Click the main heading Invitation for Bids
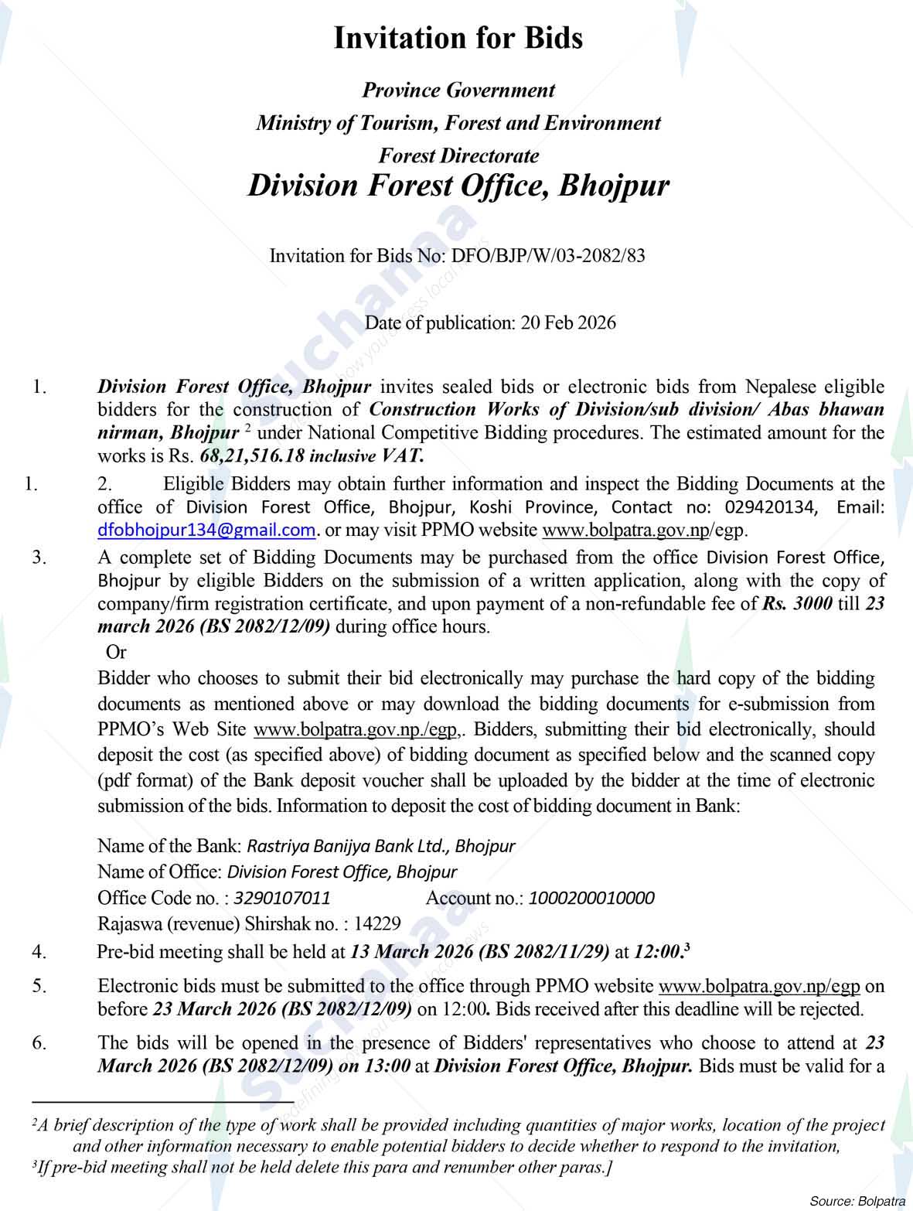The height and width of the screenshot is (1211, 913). tap(458, 38)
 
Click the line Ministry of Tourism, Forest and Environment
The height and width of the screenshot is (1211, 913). tap(458, 123)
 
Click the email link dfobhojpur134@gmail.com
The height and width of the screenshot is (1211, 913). tap(206, 530)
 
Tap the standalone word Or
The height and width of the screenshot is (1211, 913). tap(115, 653)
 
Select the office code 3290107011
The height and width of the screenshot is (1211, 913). tap(282, 898)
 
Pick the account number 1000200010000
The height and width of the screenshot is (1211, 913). tap(591, 898)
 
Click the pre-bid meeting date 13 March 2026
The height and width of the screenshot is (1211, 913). tap(411, 952)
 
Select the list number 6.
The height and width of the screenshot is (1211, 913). tap(39, 1042)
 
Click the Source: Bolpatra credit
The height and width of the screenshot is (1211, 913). tap(857, 1200)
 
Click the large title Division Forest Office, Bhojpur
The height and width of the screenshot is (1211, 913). tap(458, 186)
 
